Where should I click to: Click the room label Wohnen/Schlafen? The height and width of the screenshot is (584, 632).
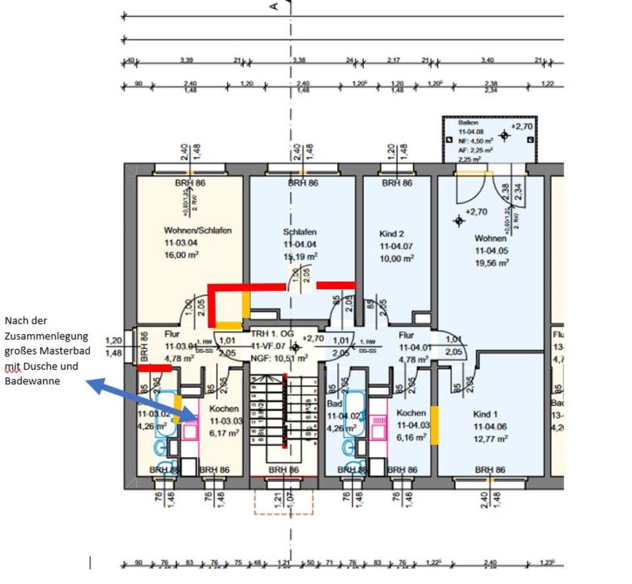[x=197, y=231]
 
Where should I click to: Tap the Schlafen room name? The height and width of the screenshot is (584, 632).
[x=300, y=232]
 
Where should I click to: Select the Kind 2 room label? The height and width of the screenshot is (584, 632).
[x=392, y=234]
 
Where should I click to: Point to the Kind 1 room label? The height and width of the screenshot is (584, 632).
[x=487, y=414]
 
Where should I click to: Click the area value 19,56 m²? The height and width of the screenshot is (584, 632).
[x=492, y=263]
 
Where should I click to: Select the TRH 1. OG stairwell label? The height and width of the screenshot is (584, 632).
[x=272, y=334]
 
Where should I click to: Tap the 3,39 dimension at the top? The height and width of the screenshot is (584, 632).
[x=186, y=61]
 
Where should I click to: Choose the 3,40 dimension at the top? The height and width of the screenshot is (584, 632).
[x=487, y=61]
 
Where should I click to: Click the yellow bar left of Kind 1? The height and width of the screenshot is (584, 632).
[x=434, y=425]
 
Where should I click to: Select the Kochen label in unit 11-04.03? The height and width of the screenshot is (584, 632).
[x=411, y=413]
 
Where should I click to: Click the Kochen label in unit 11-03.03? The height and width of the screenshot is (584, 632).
[x=224, y=409]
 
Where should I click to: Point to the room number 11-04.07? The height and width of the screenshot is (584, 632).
[x=396, y=246]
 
